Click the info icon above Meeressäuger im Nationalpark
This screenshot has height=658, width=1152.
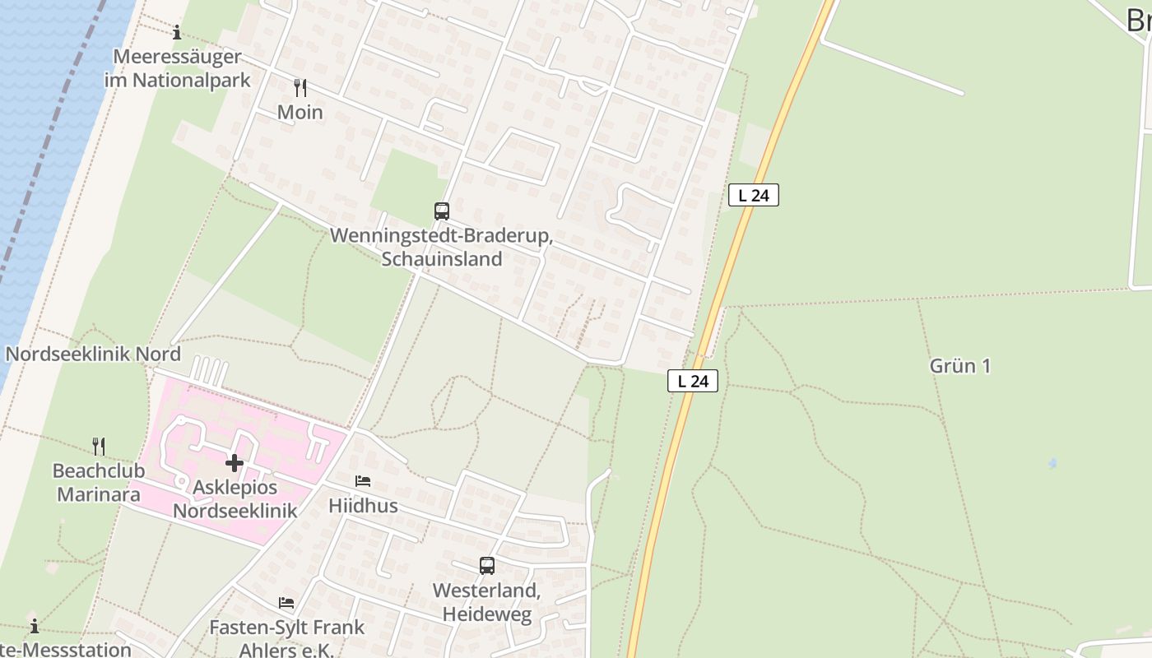(x=176, y=33)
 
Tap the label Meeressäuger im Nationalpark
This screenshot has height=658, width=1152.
(x=177, y=68)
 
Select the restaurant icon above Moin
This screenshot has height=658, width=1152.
(x=300, y=88)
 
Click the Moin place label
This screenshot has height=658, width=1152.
(x=300, y=112)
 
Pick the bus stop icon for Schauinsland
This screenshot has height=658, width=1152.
(x=442, y=211)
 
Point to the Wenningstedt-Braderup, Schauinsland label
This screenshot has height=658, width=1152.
(x=441, y=247)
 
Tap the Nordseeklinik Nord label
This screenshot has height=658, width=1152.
(x=93, y=354)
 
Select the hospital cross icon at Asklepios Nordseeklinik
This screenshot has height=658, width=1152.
(x=235, y=463)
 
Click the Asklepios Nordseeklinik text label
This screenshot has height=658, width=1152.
(x=235, y=498)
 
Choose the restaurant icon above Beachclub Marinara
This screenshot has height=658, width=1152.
(x=99, y=447)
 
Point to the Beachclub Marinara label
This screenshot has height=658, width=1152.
(x=97, y=483)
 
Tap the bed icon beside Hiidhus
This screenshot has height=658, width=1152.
(x=363, y=481)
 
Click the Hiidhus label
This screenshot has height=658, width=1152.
(x=363, y=505)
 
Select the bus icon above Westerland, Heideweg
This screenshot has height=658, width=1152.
(x=487, y=566)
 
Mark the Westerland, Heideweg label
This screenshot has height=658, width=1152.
(x=486, y=602)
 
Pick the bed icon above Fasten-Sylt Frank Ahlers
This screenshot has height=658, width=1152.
(x=286, y=603)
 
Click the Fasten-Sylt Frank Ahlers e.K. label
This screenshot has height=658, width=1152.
(x=286, y=638)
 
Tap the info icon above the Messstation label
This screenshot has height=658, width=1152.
(x=35, y=625)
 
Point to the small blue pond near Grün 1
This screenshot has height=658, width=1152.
(x=1052, y=464)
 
